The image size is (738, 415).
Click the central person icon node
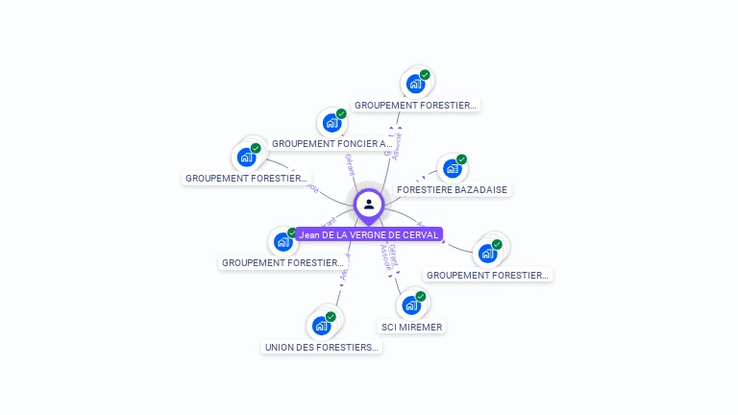coord(369,204)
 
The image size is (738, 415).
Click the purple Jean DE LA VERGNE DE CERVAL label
coord(369,234)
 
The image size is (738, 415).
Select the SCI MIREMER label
coord(411,327)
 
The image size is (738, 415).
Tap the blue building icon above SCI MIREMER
coord(411,305)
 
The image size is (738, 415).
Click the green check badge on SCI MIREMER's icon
coord(421,297)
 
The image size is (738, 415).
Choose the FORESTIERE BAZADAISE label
coord(452,190)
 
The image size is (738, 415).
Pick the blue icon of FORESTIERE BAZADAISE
coord(452,168)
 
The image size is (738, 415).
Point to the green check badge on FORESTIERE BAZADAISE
coord(461,159)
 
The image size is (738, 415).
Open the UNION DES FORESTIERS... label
coord(322,347)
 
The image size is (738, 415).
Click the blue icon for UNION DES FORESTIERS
coord(321,326)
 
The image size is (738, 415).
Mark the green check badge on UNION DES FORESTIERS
coord(331,317)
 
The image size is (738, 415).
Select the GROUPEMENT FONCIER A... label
coord(332,144)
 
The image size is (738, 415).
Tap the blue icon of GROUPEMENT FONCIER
coord(332,123)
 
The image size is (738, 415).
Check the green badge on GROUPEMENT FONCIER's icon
coord(341,114)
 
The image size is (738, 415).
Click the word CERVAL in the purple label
coord(419,234)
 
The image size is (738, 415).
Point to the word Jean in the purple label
coord(309,234)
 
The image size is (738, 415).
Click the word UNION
coord(280,347)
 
